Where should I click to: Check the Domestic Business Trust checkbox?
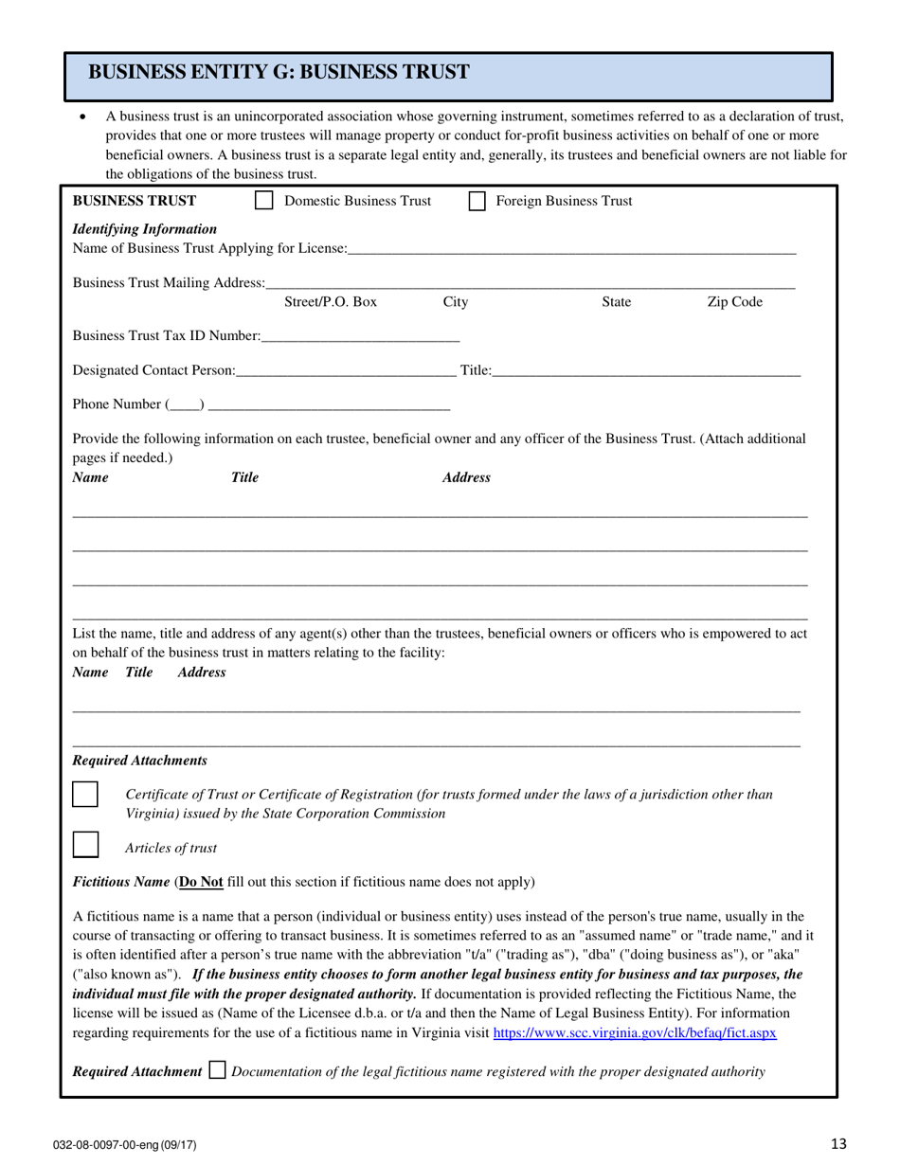click(265, 201)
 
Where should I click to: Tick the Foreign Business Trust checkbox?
click(477, 201)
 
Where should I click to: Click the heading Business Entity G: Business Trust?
click(278, 72)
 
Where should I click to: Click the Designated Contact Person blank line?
click(346, 370)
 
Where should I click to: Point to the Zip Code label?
click(734, 302)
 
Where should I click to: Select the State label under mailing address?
click(616, 302)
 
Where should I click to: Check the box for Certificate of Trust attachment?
click(85, 794)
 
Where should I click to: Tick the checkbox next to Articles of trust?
click(85, 845)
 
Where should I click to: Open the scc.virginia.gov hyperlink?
click(635, 1032)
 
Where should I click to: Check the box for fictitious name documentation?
click(217, 1071)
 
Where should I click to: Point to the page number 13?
click(838, 1144)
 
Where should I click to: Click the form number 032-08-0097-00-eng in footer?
click(124, 1145)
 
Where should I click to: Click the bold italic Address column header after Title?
click(466, 477)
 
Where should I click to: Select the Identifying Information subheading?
click(144, 228)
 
